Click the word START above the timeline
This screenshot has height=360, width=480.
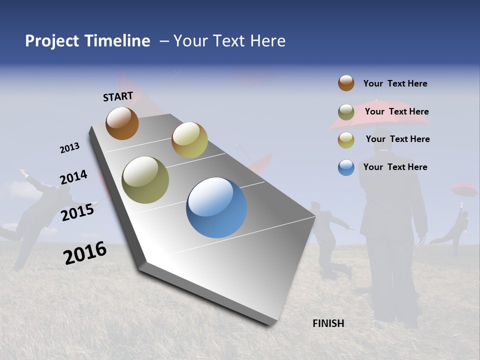coord(118,96)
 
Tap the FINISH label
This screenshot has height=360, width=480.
coord(328,323)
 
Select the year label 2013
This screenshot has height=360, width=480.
coord(69,148)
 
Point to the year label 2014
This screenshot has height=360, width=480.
coord(73,177)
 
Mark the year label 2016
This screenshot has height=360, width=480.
coord(85,253)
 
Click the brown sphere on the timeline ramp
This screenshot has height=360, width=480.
coord(122,123)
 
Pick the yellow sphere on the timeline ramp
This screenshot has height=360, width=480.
coord(189,140)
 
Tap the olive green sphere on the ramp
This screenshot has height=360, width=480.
coord(145,180)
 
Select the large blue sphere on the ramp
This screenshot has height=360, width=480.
coord(216,207)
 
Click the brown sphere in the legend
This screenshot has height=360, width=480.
coord(346,83)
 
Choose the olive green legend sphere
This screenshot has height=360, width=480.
coord(346,112)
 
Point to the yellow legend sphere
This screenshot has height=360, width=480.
coord(346,140)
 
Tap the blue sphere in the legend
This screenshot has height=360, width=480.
coord(346,167)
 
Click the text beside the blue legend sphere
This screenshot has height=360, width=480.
coord(395,167)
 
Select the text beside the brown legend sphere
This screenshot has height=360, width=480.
coord(395,83)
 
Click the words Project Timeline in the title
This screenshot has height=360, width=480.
coord(87,41)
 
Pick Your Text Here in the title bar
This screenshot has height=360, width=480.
coord(229,41)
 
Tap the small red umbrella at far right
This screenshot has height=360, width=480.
coord(464,190)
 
